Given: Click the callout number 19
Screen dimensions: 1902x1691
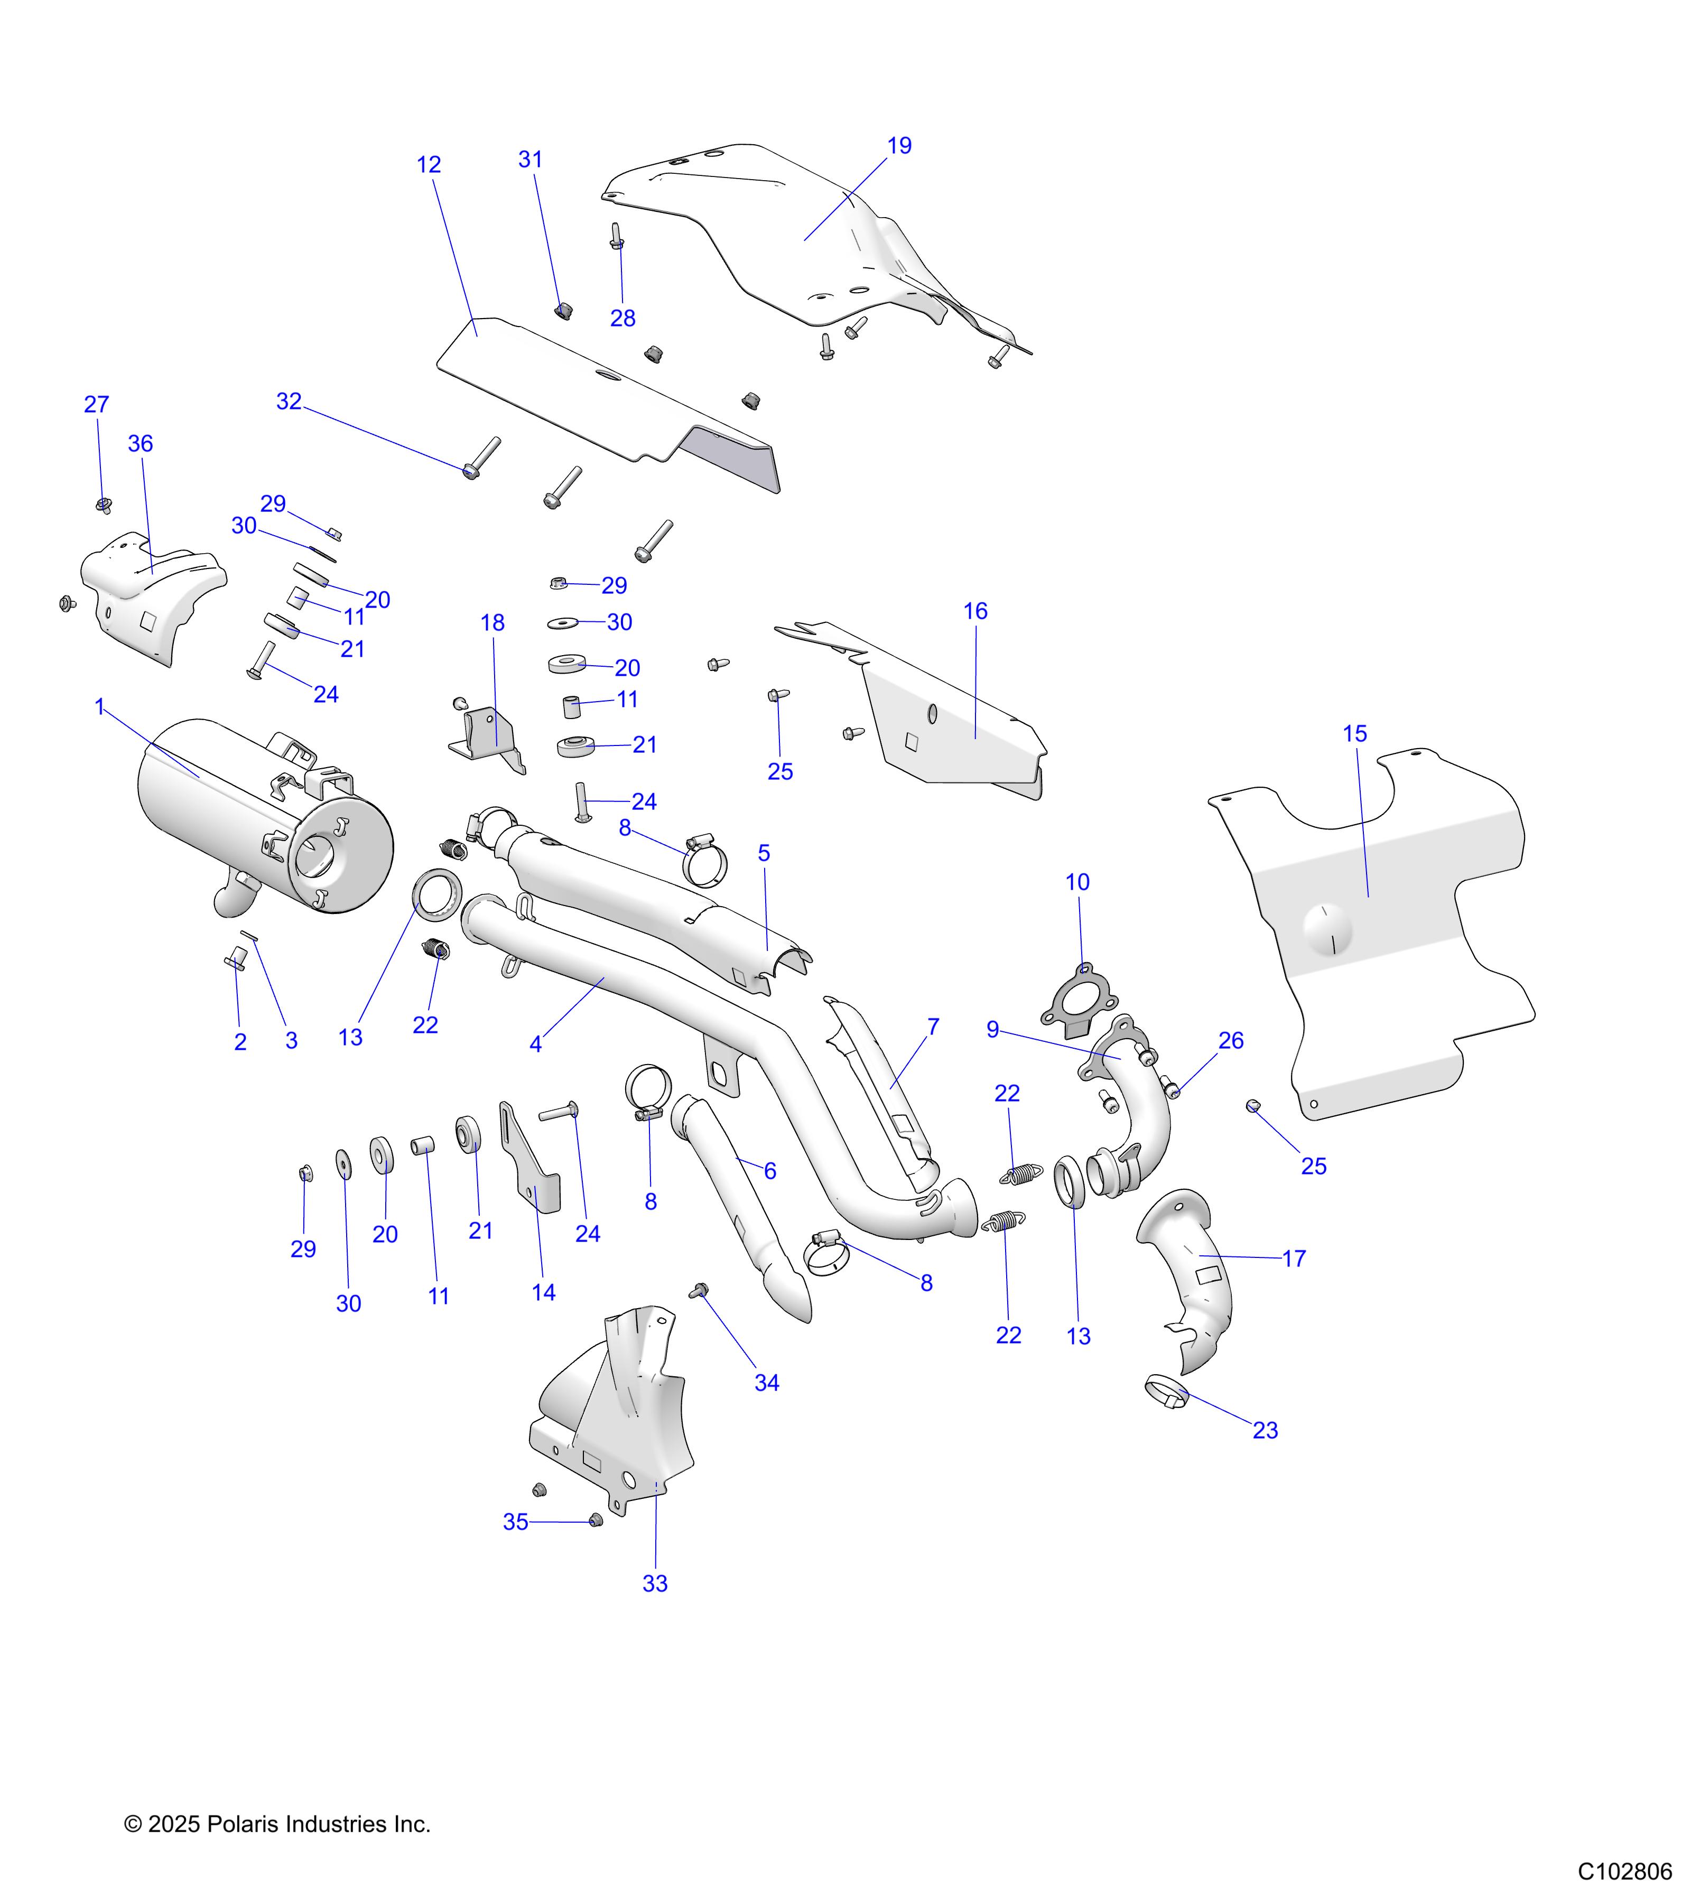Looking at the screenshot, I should tap(899, 146).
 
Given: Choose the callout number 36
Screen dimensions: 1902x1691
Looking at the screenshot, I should tap(141, 444).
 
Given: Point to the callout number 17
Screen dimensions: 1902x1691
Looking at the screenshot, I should tap(1294, 1259).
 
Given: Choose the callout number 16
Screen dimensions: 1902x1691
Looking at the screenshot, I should tap(974, 611).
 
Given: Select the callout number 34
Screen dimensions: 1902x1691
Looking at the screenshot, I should tap(766, 1383).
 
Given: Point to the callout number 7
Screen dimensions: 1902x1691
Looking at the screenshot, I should tap(933, 1027).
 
